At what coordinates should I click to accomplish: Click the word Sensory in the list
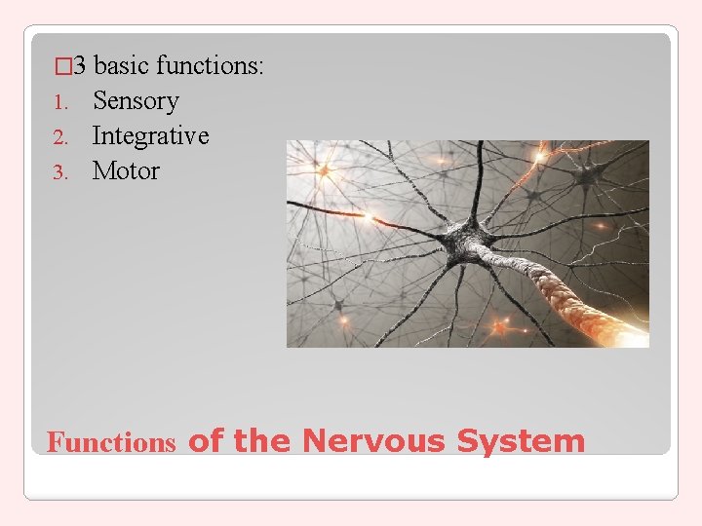tap(136, 101)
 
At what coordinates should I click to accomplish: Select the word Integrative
tap(150, 136)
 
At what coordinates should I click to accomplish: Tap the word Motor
tap(126, 171)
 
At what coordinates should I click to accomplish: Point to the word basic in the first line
tap(122, 66)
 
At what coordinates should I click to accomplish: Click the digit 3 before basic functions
tap(81, 66)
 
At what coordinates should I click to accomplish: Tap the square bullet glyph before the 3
tap(64, 67)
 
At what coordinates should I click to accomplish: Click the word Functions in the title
tap(111, 443)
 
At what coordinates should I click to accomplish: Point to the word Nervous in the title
tap(374, 441)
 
